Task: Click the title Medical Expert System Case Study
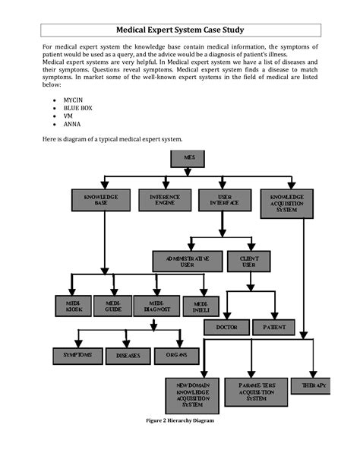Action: [x=179, y=30]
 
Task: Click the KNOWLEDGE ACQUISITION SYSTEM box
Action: [x=286, y=203]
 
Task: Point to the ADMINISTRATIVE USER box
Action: [x=187, y=262]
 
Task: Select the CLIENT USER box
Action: [x=248, y=262]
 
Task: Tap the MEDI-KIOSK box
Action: [x=73, y=306]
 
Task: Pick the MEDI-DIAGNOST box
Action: [x=156, y=306]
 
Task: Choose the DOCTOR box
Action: [x=226, y=327]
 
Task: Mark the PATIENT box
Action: [x=273, y=327]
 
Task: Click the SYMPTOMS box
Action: [x=77, y=356]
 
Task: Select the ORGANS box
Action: [x=177, y=356]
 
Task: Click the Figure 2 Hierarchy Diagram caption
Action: [x=180, y=420]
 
